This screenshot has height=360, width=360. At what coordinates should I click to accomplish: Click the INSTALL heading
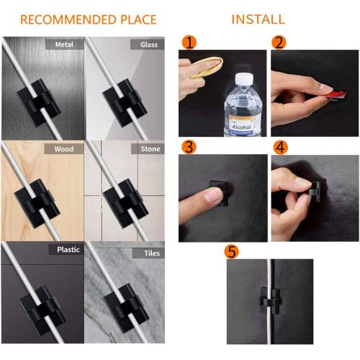coord(258,19)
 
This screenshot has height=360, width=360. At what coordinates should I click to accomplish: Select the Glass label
coord(147,45)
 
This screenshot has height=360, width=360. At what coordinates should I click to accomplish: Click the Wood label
coord(63,149)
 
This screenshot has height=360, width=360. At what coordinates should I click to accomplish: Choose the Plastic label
coord(68,249)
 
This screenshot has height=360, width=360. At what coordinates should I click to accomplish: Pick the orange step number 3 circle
coord(189,147)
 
